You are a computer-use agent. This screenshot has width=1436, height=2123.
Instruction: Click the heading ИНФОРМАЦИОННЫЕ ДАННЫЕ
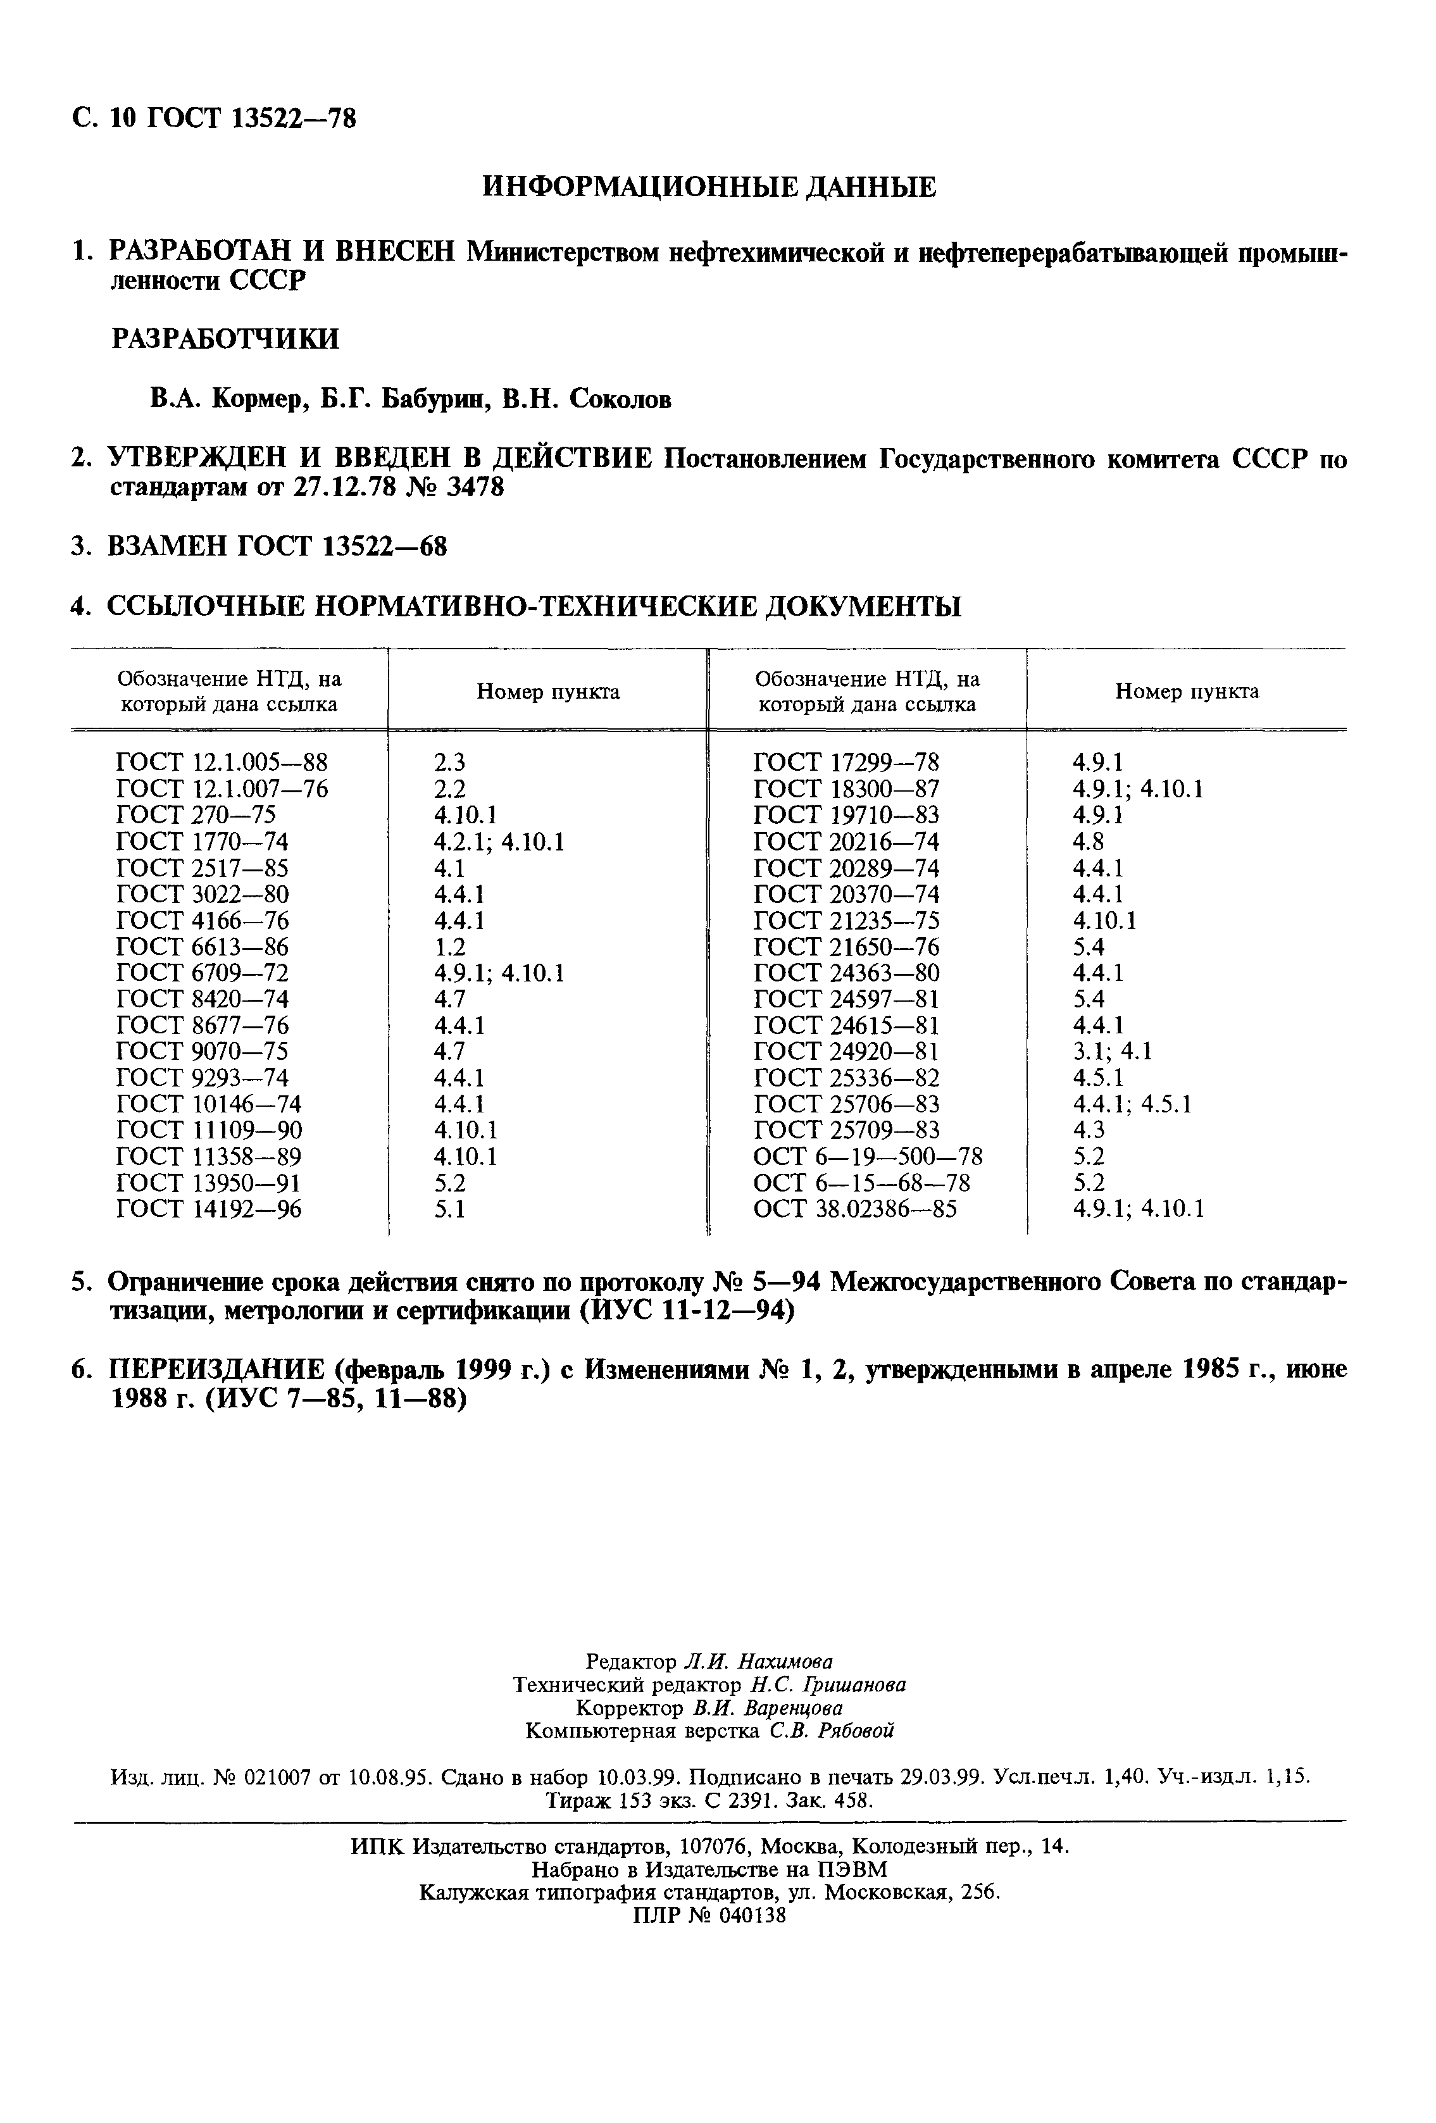click(x=709, y=187)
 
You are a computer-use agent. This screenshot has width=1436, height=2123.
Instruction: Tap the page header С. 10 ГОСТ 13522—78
click(x=214, y=118)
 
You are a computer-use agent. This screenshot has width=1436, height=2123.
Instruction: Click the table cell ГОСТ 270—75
click(x=196, y=815)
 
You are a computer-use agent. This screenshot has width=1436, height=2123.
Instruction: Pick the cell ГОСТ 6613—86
click(x=203, y=947)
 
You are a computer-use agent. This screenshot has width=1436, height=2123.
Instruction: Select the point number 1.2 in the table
click(x=449, y=947)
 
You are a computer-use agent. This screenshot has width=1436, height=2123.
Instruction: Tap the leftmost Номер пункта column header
click(x=548, y=692)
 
